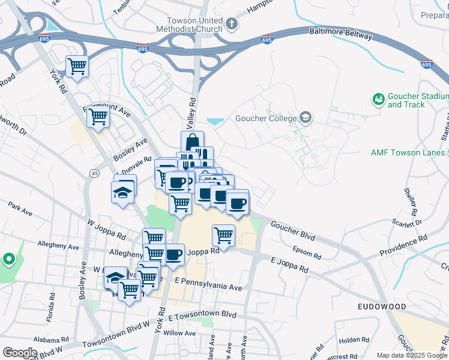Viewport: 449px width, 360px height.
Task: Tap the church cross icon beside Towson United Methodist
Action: pos(232,25)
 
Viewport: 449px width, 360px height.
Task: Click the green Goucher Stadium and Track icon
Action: pos(379,98)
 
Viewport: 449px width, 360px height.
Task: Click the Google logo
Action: pos(20,353)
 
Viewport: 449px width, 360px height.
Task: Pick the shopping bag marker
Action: pos(192,142)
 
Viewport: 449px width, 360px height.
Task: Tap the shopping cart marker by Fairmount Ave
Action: pos(98,116)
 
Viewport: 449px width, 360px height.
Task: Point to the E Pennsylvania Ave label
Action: pos(208,284)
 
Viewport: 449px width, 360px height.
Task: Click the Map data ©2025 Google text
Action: pos(411,355)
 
